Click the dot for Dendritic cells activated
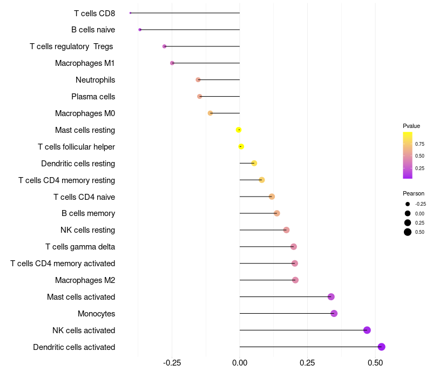click(x=381, y=347)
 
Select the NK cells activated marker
click(x=367, y=330)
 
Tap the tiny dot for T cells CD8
click(x=130, y=13)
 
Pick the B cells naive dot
click(x=140, y=30)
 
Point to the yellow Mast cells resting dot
click(x=239, y=130)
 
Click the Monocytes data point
click(x=334, y=314)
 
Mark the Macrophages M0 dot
click(x=210, y=113)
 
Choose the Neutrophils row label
click(x=96, y=80)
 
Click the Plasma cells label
click(x=93, y=97)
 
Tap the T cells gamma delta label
click(x=80, y=247)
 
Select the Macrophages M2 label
click(x=85, y=280)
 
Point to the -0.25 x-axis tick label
click(x=172, y=363)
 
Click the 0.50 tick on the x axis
click(x=375, y=363)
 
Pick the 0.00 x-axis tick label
click(x=240, y=363)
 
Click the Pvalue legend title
click(x=411, y=126)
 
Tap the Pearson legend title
click(x=414, y=193)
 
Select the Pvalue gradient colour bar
click(x=408, y=156)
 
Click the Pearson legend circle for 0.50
click(x=408, y=232)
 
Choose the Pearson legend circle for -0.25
click(x=408, y=204)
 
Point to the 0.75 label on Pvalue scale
click(x=420, y=144)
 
